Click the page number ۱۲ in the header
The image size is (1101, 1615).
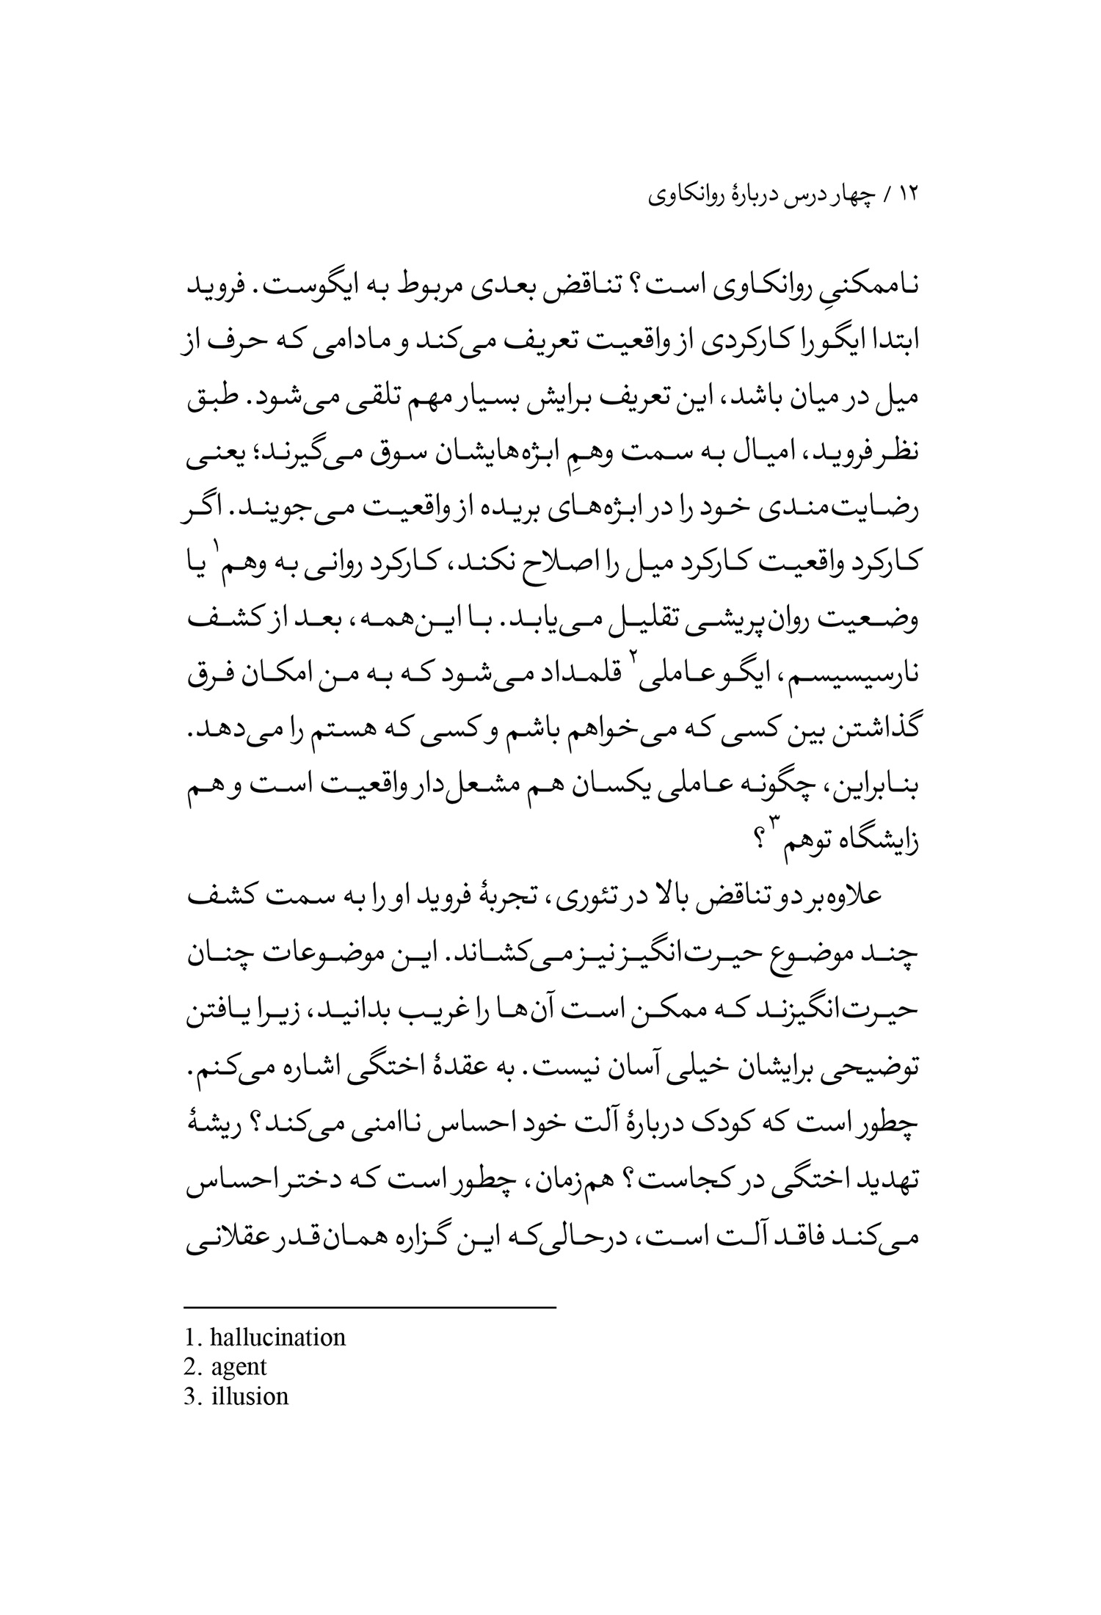point(909,196)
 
